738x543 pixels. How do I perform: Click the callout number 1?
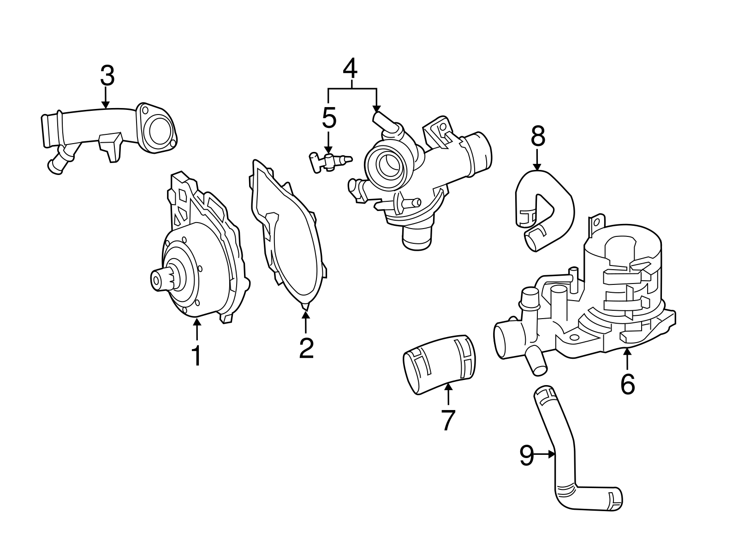click(196, 356)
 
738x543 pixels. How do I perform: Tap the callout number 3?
click(107, 76)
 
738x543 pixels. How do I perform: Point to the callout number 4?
click(350, 69)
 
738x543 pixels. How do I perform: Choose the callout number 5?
click(329, 118)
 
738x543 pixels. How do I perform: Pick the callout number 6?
click(628, 384)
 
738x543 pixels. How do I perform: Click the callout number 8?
click(538, 137)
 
